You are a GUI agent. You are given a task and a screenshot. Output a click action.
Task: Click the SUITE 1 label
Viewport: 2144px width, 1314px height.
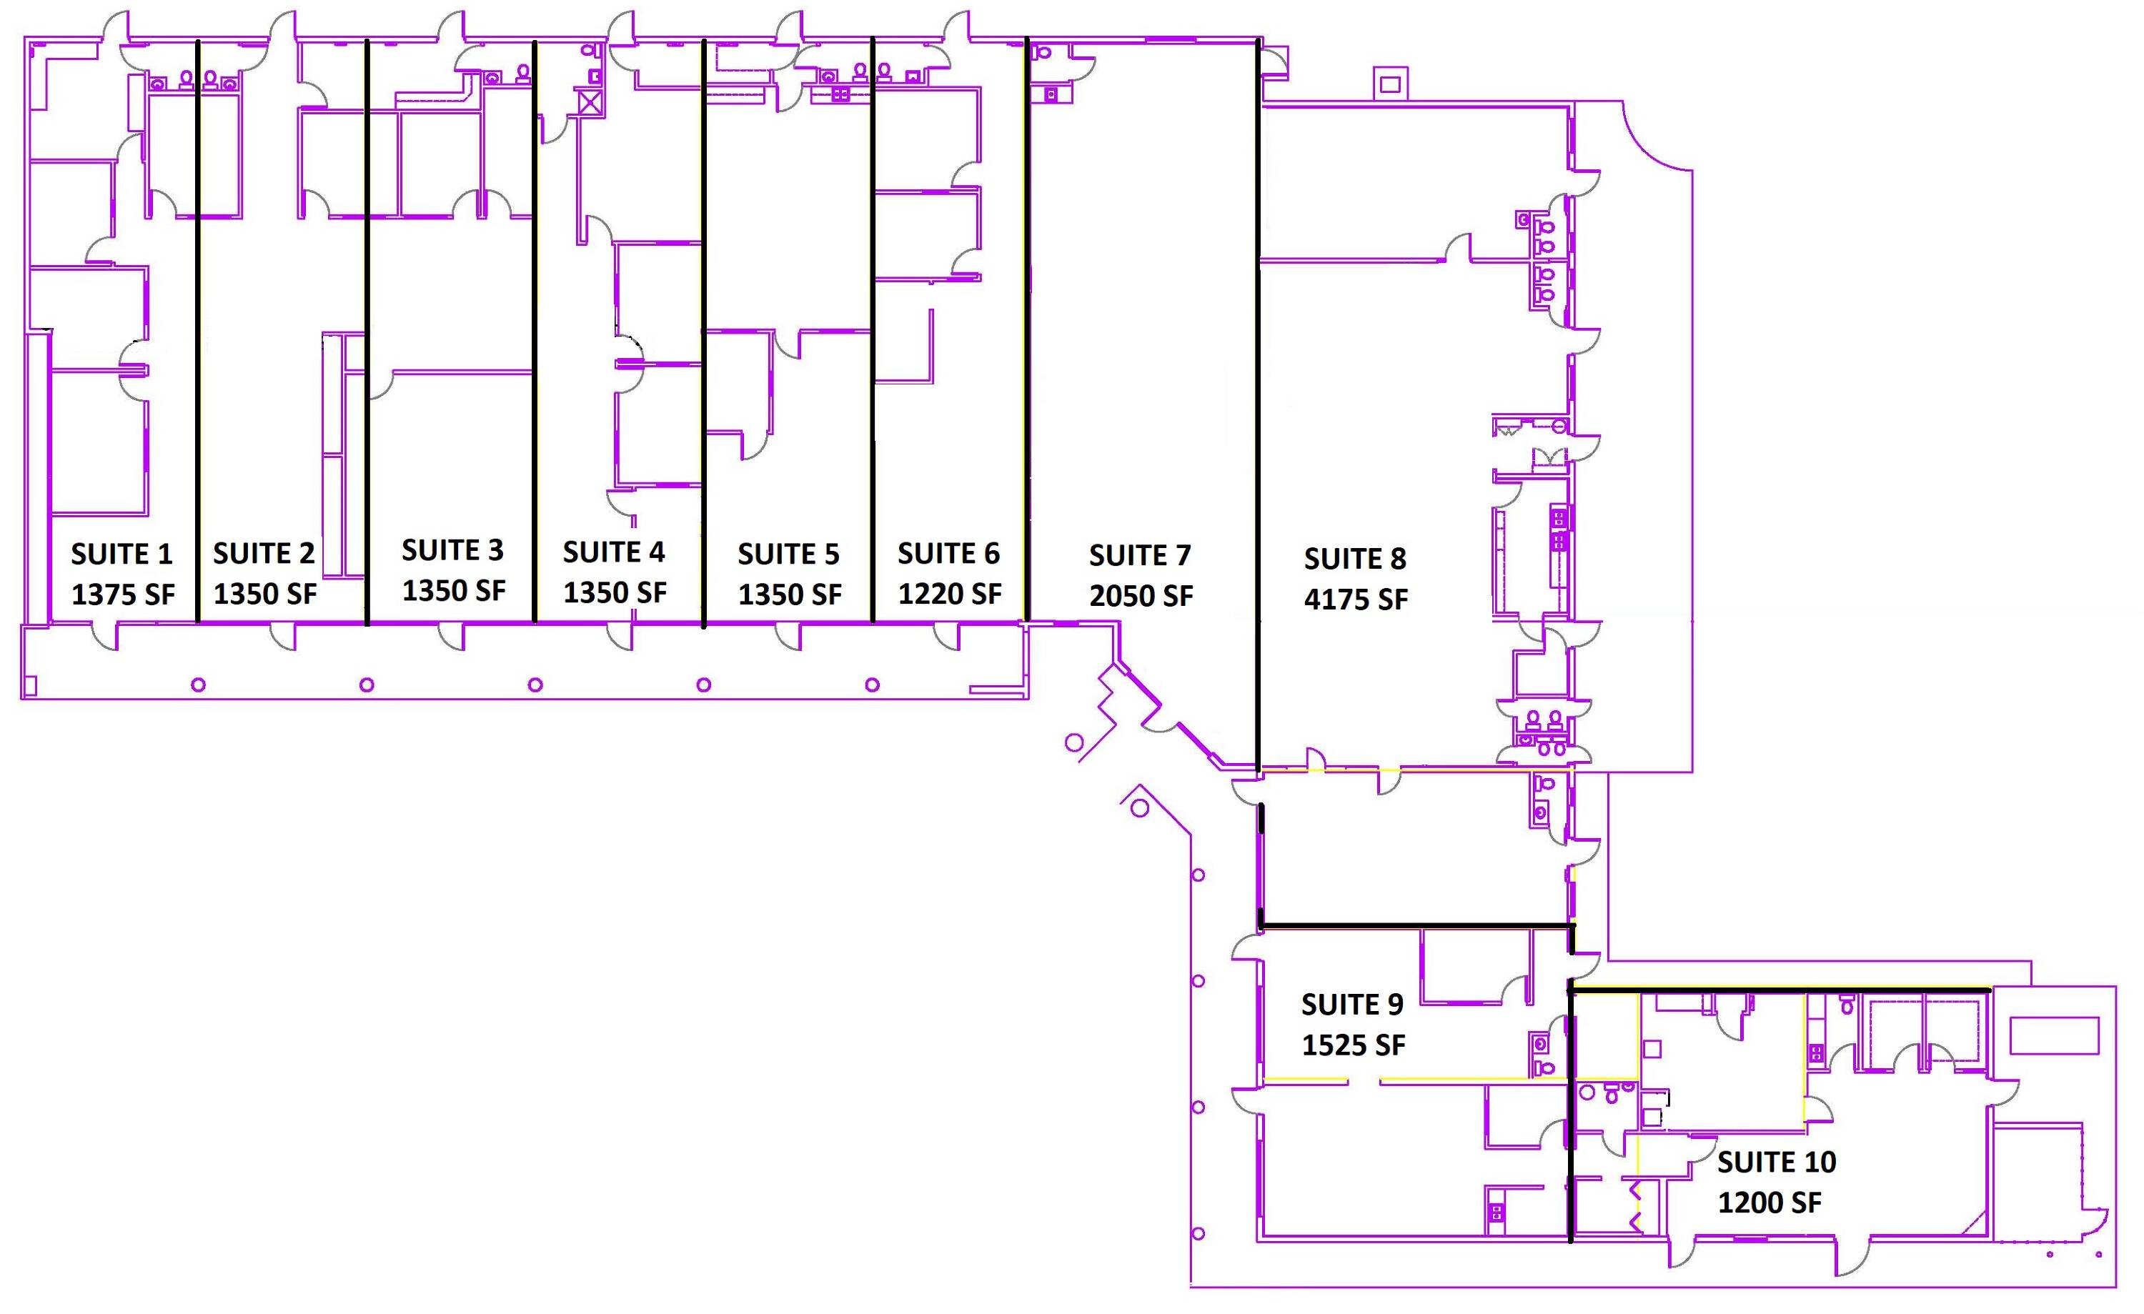(121, 554)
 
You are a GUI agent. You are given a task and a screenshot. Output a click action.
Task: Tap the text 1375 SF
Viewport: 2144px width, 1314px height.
(123, 594)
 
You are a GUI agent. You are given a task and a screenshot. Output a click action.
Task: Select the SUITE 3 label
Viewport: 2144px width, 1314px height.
(452, 550)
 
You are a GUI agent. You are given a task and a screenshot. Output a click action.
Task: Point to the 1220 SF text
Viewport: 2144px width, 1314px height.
(949, 594)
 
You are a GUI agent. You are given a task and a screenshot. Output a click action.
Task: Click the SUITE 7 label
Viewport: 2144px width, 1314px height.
(1140, 555)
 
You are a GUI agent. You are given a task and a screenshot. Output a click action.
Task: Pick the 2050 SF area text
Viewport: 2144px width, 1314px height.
(1141, 596)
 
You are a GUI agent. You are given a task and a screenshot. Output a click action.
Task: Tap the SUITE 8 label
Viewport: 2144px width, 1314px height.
(1355, 559)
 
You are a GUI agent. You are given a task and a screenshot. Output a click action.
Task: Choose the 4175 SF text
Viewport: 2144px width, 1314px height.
(1356, 599)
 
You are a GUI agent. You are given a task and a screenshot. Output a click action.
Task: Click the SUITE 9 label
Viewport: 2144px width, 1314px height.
(1352, 1004)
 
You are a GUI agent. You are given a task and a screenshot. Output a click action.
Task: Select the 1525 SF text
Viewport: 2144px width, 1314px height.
(1353, 1045)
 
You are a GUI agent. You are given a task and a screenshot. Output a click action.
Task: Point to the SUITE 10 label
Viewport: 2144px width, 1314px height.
(1777, 1162)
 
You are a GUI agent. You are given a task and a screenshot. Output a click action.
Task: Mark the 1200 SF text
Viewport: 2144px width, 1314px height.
(1770, 1203)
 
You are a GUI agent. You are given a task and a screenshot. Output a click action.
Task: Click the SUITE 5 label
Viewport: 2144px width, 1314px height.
(788, 554)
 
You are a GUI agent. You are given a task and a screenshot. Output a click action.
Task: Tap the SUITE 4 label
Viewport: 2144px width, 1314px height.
(613, 552)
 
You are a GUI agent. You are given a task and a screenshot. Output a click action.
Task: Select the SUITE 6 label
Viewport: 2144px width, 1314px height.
(948, 554)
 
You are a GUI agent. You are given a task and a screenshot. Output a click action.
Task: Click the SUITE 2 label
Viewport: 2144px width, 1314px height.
(264, 554)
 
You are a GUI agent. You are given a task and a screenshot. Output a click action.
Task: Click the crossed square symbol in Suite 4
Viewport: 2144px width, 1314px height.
(590, 103)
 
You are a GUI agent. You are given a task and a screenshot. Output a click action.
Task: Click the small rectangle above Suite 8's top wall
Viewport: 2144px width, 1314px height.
(1389, 84)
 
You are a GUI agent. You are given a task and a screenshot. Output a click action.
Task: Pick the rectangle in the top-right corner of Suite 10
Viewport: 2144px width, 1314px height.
(2055, 1035)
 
